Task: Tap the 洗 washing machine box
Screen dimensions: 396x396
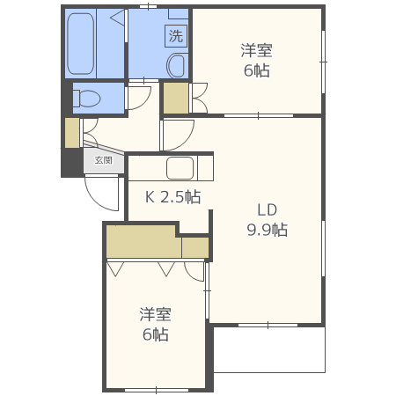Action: (x=176, y=36)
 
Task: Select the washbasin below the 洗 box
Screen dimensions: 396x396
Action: (x=176, y=64)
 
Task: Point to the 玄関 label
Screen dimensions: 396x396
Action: (x=104, y=161)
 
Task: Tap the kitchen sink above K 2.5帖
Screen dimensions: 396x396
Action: (x=180, y=167)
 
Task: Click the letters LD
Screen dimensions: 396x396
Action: (x=267, y=210)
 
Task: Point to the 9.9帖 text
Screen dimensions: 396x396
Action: (x=267, y=231)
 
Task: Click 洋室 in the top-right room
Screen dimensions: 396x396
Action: (x=256, y=51)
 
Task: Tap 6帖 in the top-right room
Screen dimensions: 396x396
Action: (x=256, y=71)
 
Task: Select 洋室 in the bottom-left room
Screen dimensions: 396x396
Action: (x=155, y=314)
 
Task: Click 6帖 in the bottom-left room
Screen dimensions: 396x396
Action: (x=155, y=334)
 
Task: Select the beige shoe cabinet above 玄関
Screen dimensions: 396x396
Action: (x=71, y=132)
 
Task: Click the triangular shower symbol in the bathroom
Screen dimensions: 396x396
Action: (x=117, y=18)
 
